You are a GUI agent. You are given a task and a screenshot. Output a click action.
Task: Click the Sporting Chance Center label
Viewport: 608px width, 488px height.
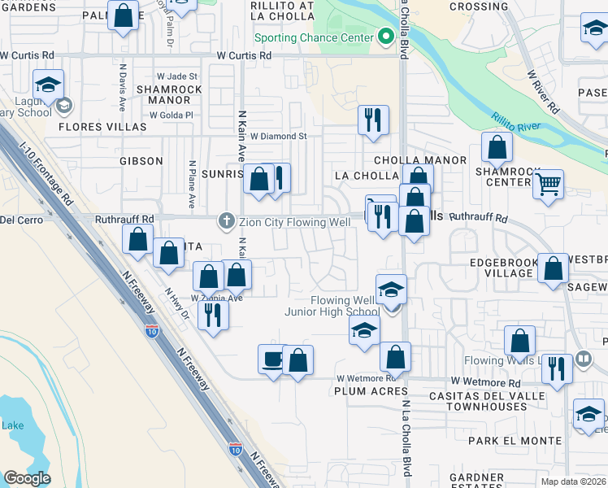coord(313,37)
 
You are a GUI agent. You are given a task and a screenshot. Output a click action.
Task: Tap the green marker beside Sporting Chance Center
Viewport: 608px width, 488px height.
coord(385,37)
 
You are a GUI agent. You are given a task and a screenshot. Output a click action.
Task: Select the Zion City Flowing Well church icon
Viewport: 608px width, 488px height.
coord(226,221)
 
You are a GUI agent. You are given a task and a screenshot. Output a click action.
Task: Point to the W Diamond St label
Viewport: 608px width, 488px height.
coord(278,137)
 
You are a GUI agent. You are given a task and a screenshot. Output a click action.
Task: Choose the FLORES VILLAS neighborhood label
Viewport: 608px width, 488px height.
coord(92,127)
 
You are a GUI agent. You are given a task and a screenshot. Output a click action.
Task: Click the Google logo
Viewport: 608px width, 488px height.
coord(27,478)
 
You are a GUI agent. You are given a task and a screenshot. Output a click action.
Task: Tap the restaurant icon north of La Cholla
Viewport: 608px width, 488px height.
coord(373,120)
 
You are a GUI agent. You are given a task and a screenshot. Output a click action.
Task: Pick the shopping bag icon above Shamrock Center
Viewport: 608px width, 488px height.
coord(497,147)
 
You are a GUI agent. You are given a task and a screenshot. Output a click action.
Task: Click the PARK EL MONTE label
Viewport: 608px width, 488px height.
coord(515,440)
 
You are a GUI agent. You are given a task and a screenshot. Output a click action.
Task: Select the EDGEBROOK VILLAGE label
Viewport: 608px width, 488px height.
coord(503,268)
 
